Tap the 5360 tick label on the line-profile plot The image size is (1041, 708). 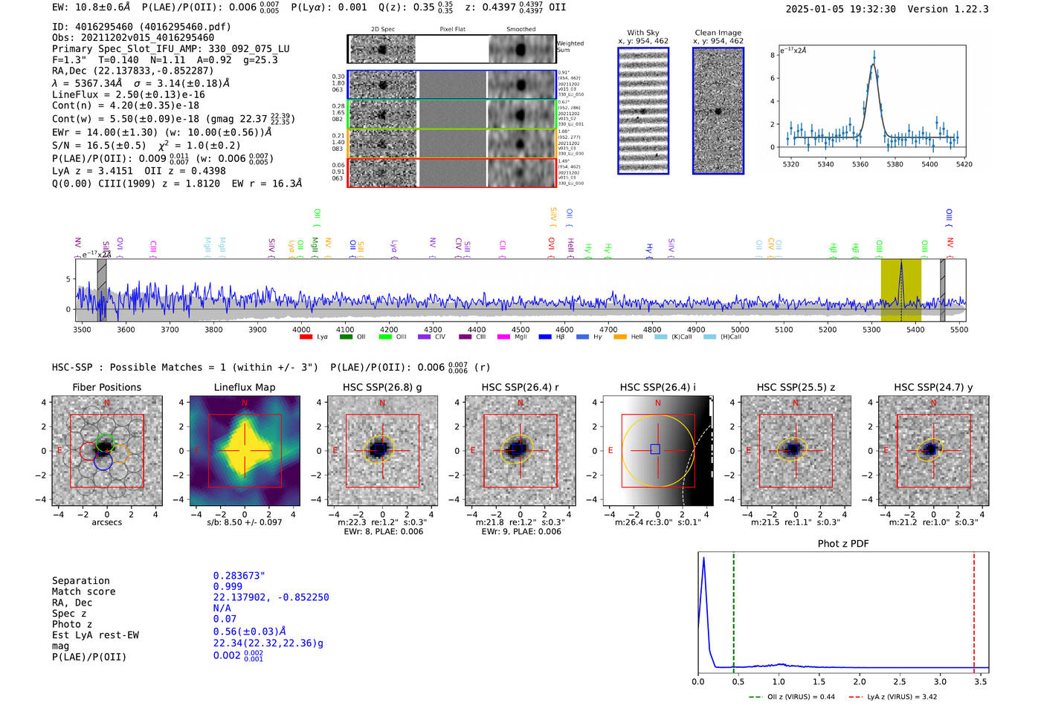(x=860, y=164)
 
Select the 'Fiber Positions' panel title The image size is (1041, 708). (x=106, y=387)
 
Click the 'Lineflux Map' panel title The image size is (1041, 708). (x=245, y=387)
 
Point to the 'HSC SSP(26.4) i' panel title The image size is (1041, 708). (x=657, y=387)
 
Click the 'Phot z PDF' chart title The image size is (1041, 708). (x=843, y=544)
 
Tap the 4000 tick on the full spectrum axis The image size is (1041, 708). (x=301, y=329)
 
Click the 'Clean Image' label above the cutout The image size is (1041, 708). (x=718, y=33)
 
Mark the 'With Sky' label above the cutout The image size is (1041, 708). (x=642, y=33)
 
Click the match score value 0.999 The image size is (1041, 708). (x=228, y=586)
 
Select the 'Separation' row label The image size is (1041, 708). (x=80, y=581)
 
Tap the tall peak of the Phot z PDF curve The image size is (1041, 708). (x=703, y=559)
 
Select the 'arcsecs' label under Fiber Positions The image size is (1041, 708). (x=106, y=522)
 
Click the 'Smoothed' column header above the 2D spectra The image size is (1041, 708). (x=520, y=30)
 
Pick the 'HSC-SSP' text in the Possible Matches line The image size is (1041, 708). (x=72, y=367)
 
